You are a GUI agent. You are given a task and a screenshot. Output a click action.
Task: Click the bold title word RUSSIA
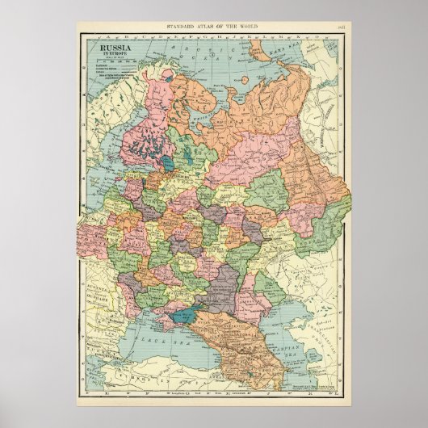(114, 48)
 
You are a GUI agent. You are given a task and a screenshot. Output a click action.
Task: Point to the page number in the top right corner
(341, 27)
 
